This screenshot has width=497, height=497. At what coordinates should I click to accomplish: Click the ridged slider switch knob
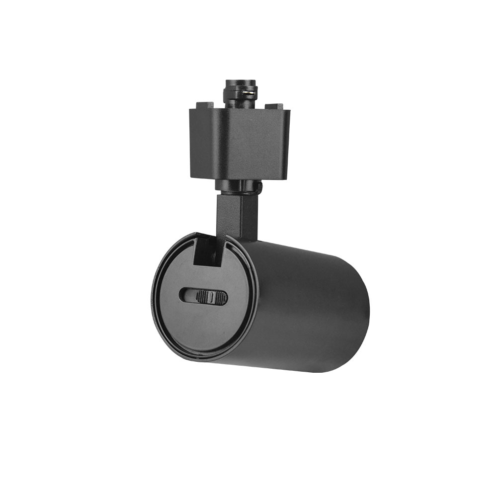coord(211,297)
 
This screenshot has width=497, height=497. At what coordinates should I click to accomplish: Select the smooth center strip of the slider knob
coord(211,297)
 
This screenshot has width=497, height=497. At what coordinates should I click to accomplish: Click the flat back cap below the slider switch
coord(204,328)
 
